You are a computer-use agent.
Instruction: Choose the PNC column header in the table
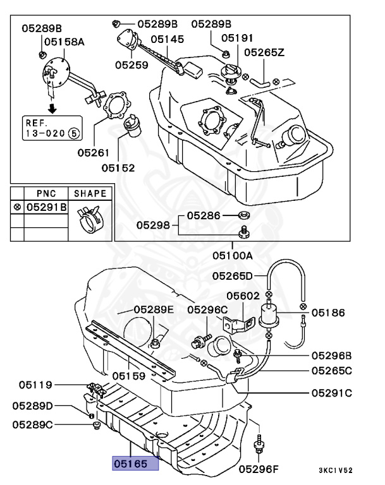pos(46,193)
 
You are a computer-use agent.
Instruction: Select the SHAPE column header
pos(90,193)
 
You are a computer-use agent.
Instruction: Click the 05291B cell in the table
pos(46,207)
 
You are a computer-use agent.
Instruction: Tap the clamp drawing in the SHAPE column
pos(90,219)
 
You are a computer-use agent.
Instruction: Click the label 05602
pos(243,294)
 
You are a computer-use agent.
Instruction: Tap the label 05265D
pos(232,275)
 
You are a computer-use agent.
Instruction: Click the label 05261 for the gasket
pos(94,152)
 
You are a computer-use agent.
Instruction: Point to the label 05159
pos(129,375)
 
